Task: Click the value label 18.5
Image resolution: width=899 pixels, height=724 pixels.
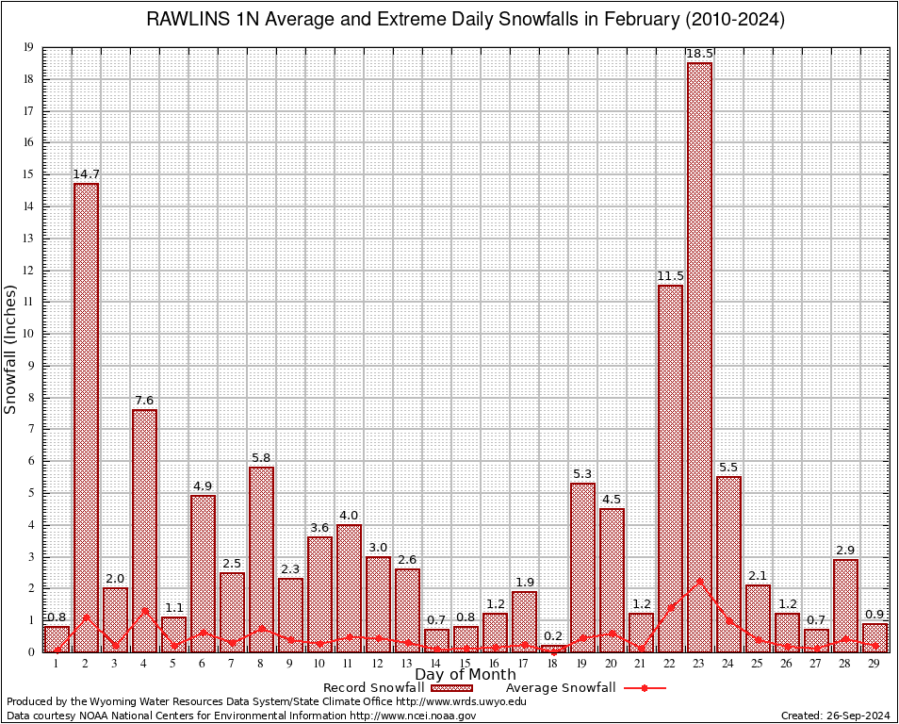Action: point(699,55)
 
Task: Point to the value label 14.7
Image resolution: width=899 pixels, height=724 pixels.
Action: point(86,174)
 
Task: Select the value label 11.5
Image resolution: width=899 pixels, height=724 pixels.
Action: point(670,276)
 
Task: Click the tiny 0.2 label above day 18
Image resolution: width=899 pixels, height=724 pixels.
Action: point(553,636)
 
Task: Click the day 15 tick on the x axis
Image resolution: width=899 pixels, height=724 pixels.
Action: point(465,664)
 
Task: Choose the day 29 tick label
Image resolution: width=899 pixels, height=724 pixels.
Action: point(874,664)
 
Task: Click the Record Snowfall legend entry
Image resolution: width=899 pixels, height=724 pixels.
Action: point(372,688)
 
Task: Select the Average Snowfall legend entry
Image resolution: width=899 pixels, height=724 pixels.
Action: point(561,688)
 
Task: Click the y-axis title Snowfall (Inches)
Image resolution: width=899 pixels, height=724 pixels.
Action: point(11,349)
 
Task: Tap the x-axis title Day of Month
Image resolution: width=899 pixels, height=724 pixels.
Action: point(465,675)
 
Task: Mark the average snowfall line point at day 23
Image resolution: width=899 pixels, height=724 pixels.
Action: point(699,580)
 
